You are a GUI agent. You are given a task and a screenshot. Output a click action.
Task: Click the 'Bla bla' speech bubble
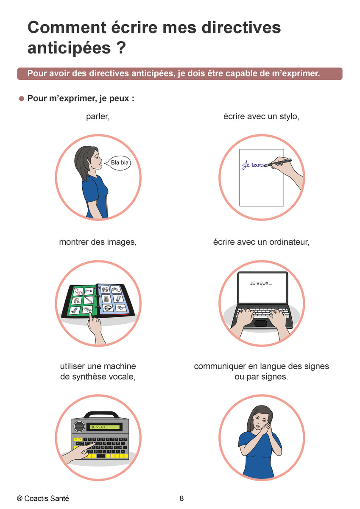pyautogui.click(x=118, y=163)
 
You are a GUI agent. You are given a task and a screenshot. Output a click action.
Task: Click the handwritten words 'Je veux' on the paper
pyautogui.click(x=252, y=165)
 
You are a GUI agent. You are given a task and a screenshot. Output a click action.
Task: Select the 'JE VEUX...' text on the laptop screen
pyautogui.click(x=261, y=283)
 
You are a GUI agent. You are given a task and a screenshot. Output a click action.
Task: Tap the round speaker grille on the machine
pyautogui.click(x=79, y=426)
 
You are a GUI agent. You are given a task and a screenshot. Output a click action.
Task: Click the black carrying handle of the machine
pyautogui.click(x=101, y=414)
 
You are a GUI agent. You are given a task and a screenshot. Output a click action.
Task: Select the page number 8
pyautogui.click(x=181, y=498)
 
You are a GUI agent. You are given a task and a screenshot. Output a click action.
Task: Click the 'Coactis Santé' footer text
pyautogui.click(x=47, y=498)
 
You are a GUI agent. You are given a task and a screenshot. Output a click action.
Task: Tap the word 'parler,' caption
pyautogui.click(x=98, y=117)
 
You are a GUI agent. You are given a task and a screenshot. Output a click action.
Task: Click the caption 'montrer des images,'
pyautogui.click(x=98, y=242)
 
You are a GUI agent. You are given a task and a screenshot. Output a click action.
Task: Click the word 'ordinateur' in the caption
pyautogui.click(x=288, y=242)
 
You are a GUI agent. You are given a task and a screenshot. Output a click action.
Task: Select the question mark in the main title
pyautogui.click(x=122, y=48)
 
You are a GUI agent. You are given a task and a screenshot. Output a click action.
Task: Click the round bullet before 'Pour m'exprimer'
pyautogui.click(x=22, y=98)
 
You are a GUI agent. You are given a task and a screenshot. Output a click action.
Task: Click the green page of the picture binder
pyautogui.click(x=81, y=300)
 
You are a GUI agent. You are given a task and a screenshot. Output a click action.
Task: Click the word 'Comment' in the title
pyautogui.click(x=67, y=28)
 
